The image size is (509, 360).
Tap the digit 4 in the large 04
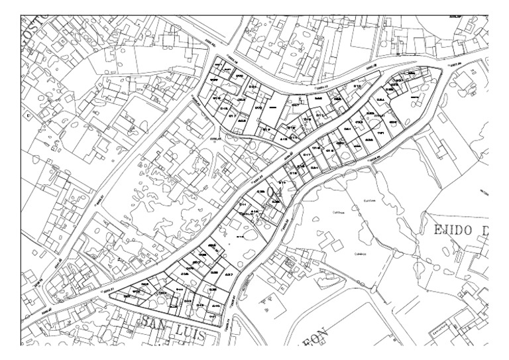click(279, 194)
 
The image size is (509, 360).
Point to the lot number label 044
click(180, 290)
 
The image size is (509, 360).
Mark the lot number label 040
click(215, 306)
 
